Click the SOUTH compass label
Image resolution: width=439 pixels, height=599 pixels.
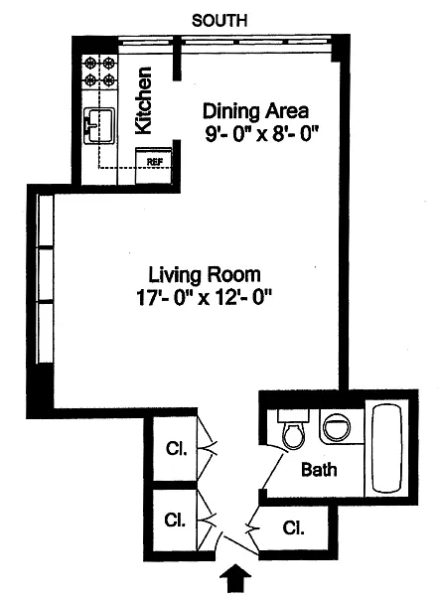tap(219, 21)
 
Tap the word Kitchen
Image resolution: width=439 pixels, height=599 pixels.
tap(144, 100)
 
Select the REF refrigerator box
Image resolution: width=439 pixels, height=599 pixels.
tap(154, 165)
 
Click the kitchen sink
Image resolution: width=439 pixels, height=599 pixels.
tap(98, 125)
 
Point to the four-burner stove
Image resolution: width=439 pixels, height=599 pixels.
tap(99, 72)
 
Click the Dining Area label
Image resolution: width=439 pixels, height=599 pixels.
tap(255, 111)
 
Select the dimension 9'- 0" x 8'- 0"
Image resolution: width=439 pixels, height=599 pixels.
tap(262, 134)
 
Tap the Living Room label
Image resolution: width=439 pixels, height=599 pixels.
tap(205, 275)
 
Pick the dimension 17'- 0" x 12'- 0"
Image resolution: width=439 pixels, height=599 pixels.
tap(205, 298)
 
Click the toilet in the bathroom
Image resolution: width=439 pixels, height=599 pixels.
tap(293, 429)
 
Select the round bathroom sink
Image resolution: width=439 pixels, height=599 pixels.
tap(337, 427)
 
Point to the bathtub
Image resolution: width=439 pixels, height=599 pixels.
tap(387, 448)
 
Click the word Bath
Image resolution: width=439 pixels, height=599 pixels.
tap(319, 469)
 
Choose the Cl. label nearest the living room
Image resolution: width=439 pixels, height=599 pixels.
tap(177, 448)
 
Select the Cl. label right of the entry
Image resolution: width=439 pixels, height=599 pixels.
tap(293, 527)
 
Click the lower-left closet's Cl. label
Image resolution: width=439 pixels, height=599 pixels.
tap(175, 520)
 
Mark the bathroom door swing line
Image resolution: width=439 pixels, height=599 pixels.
tap(274, 471)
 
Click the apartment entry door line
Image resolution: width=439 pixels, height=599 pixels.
tap(241, 545)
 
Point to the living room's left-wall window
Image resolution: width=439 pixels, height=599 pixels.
tap(45, 279)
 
